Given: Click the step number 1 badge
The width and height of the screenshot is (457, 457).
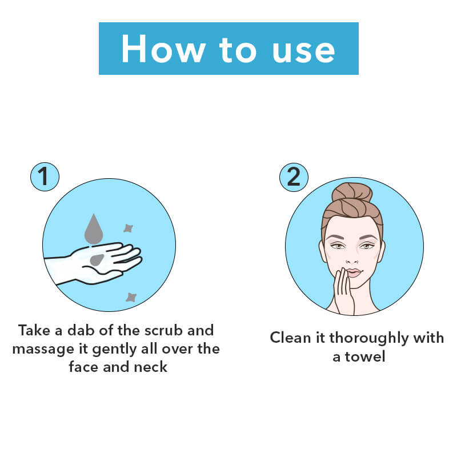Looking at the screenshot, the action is coord(45,177).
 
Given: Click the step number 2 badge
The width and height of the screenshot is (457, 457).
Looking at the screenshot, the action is coord(294,177).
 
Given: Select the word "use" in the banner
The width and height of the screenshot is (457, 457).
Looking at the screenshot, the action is coord(303,51).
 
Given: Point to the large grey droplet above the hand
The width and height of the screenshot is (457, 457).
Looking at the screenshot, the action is coord(94,230).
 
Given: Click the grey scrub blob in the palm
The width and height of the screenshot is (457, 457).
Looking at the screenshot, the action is coord(97,260).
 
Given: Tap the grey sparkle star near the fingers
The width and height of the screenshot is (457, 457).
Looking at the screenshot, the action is coord(128,228).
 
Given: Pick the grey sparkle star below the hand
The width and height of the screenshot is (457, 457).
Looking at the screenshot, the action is coord(131,297).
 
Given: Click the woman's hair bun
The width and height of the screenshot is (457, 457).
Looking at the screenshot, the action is coord(352,194).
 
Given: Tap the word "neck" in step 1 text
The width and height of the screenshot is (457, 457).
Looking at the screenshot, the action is coord(150,367).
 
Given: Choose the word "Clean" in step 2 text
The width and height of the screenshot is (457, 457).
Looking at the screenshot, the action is coord(291,338).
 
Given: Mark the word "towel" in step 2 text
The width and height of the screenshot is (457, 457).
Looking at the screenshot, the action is coord(366,356).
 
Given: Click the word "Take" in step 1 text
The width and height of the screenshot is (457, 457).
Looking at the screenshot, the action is coord(34,331).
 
